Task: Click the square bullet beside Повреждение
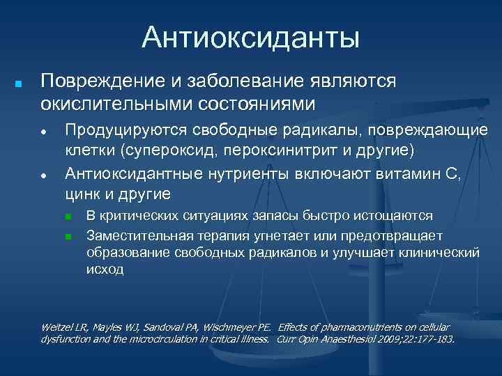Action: pyautogui.click(x=19, y=83)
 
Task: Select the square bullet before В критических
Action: pyautogui.click(x=68, y=217)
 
